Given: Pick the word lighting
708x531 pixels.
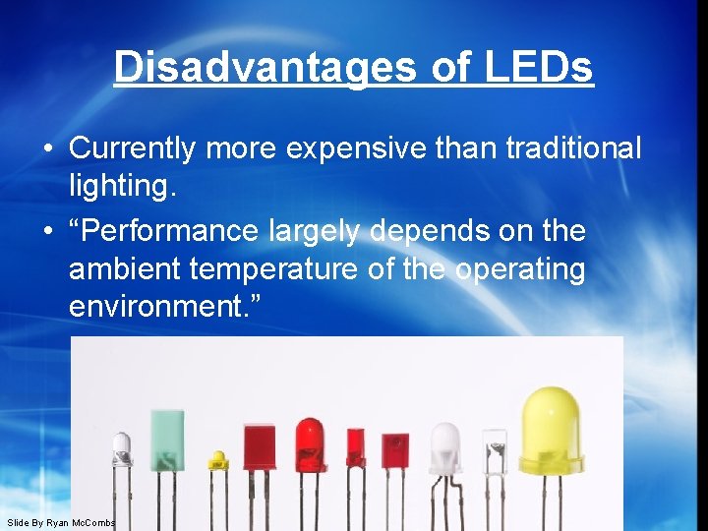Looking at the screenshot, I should (123, 187).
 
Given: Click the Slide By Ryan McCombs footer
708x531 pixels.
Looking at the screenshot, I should (61, 522).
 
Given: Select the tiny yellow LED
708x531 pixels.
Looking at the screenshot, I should (217, 460).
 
